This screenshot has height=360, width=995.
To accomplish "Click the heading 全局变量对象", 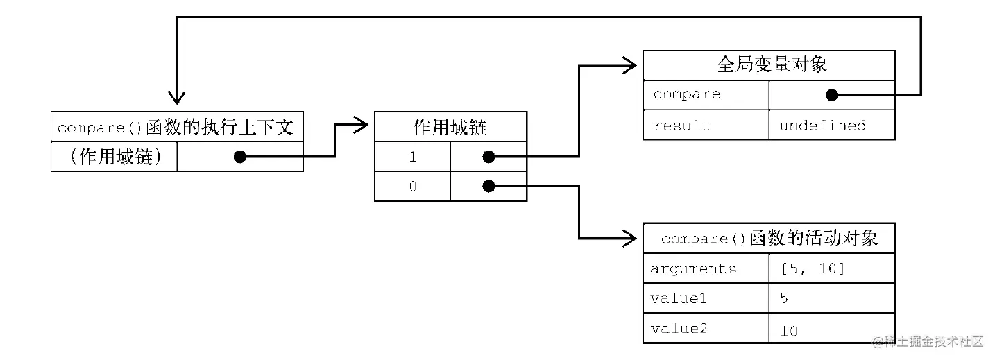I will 769,65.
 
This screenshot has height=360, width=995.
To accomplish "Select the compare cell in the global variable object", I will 686,94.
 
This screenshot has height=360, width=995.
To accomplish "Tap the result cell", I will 671,126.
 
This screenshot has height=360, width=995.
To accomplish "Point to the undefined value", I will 822,126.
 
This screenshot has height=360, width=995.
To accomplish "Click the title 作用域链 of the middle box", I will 450,127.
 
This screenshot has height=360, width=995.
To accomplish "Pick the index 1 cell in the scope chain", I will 413,157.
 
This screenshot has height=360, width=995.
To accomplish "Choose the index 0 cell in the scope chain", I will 413,186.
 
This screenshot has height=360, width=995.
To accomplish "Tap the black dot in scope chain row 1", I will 488,157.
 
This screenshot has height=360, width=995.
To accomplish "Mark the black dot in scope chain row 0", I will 488,186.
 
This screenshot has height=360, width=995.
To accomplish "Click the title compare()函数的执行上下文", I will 176,128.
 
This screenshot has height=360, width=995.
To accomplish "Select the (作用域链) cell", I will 115,157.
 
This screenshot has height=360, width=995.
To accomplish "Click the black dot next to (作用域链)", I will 239,157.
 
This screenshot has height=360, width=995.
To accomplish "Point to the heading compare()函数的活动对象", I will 769,239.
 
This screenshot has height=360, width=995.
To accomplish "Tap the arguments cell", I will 693,268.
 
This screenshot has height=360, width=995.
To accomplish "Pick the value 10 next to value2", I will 789,331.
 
